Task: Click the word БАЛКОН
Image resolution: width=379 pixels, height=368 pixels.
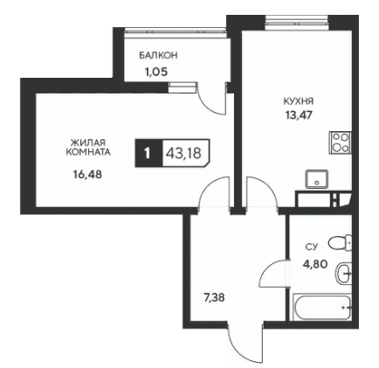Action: tap(158, 55)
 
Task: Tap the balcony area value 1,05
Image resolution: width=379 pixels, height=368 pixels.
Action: tap(156, 72)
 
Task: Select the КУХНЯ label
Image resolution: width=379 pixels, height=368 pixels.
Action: tap(299, 101)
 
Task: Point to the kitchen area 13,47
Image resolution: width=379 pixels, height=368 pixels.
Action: tap(299, 115)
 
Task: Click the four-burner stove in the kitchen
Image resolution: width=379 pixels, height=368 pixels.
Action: tap(341, 142)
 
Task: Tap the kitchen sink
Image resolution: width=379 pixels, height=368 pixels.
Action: tap(317, 179)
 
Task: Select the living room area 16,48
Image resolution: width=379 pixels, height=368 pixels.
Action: tap(87, 175)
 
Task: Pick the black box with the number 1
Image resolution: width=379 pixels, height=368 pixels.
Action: tap(148, 153)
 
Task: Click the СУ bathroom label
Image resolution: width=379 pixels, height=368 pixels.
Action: tap(311, 247)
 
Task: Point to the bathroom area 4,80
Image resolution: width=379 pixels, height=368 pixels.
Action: tap(316, 264)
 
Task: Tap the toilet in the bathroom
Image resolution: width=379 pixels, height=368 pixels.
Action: tap(341, 242)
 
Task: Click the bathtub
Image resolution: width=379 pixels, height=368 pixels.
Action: tap(322, 307)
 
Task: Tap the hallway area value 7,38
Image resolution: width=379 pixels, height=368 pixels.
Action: tap(214, 298)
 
